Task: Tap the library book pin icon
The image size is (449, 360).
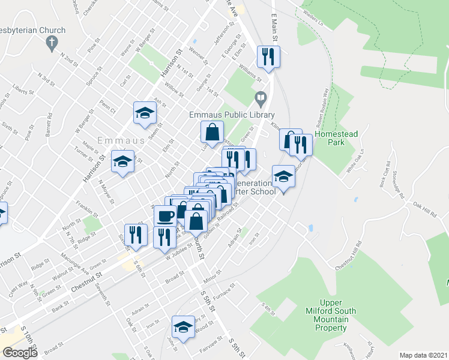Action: [x=261, y=97]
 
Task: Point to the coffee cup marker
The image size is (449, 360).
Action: [x=165, y=216]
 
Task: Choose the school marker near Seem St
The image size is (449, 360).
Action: [x=145, y=113]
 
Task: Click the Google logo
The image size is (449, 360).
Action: [x=20, y=352]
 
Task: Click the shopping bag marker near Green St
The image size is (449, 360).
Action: [x=212, y=131]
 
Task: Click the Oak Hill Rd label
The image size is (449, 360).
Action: [x=424, y=210]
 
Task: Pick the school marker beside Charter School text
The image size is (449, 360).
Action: [x=283, y=176]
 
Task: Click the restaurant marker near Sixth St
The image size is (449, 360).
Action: [x=136, y=235]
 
